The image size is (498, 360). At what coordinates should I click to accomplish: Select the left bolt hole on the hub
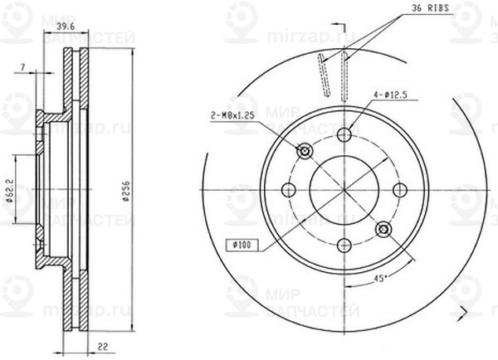tap(290, 190)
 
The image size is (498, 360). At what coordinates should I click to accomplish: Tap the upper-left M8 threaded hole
tap(305, 151)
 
